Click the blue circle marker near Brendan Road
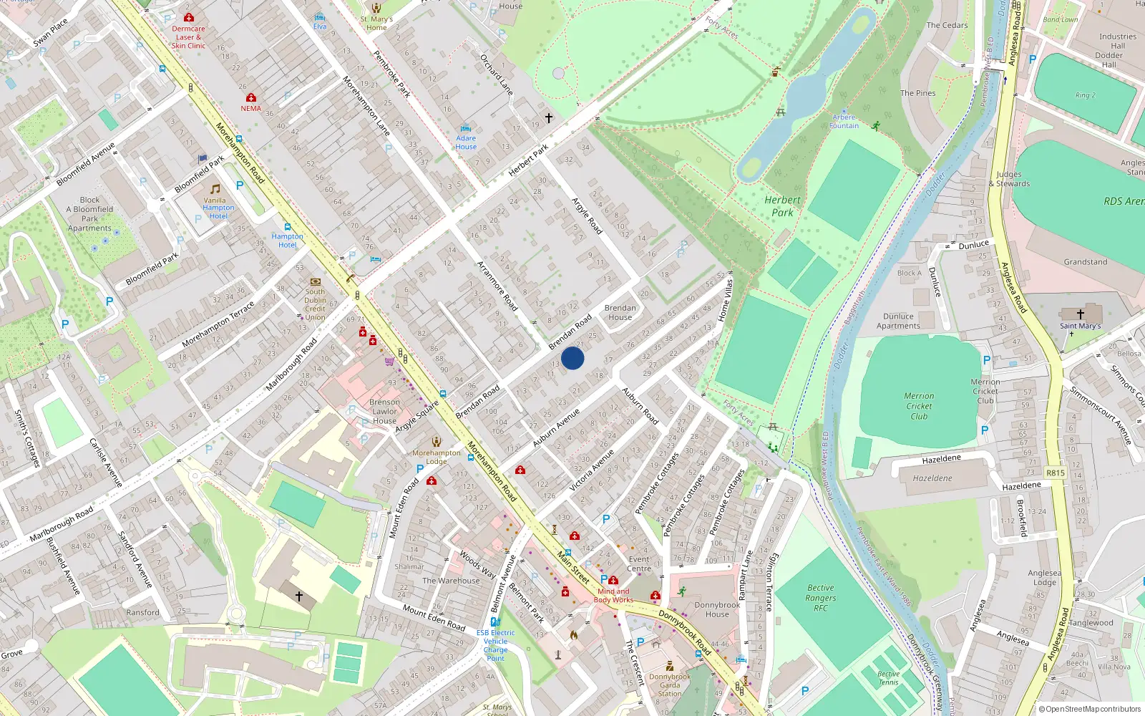click(572, 358)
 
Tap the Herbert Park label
click(782, 206)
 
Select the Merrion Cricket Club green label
click(919, 406)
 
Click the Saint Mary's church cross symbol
click(1080, 314)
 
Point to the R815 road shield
click(1056, 473)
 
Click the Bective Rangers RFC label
click(820, 598)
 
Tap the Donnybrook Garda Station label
click(670, 685)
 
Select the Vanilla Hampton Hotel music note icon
click(215, 189)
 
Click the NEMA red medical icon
click(250, 97)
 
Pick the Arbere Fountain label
click(844, 122)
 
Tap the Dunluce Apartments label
click(898, 321)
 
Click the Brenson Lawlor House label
click(384, 412)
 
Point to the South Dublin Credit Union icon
click(315, 281)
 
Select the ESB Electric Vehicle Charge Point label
click(495, 645)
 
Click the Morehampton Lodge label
click(437, 457)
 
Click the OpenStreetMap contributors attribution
click(1089, 709)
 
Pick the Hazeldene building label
click(932, 478)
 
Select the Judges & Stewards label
click(1009, 179)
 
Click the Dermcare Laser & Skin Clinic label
click(188, 37)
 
